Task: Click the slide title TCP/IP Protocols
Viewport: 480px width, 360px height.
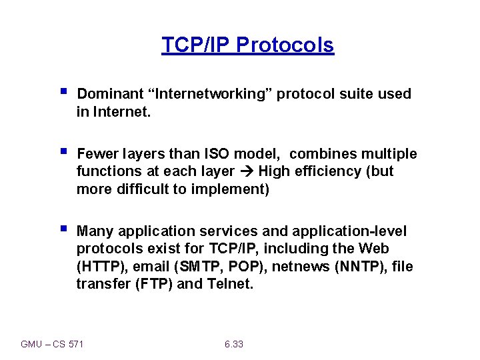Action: (247, 45)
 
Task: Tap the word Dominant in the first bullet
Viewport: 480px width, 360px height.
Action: (106, 94)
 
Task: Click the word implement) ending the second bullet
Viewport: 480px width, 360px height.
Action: (234, 189)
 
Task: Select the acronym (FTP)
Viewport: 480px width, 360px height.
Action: (156, 284)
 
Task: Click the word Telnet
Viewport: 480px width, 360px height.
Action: (230, 284)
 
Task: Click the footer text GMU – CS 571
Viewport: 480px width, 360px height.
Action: (53, 344)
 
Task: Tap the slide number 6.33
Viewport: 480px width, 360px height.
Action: (234, 344)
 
